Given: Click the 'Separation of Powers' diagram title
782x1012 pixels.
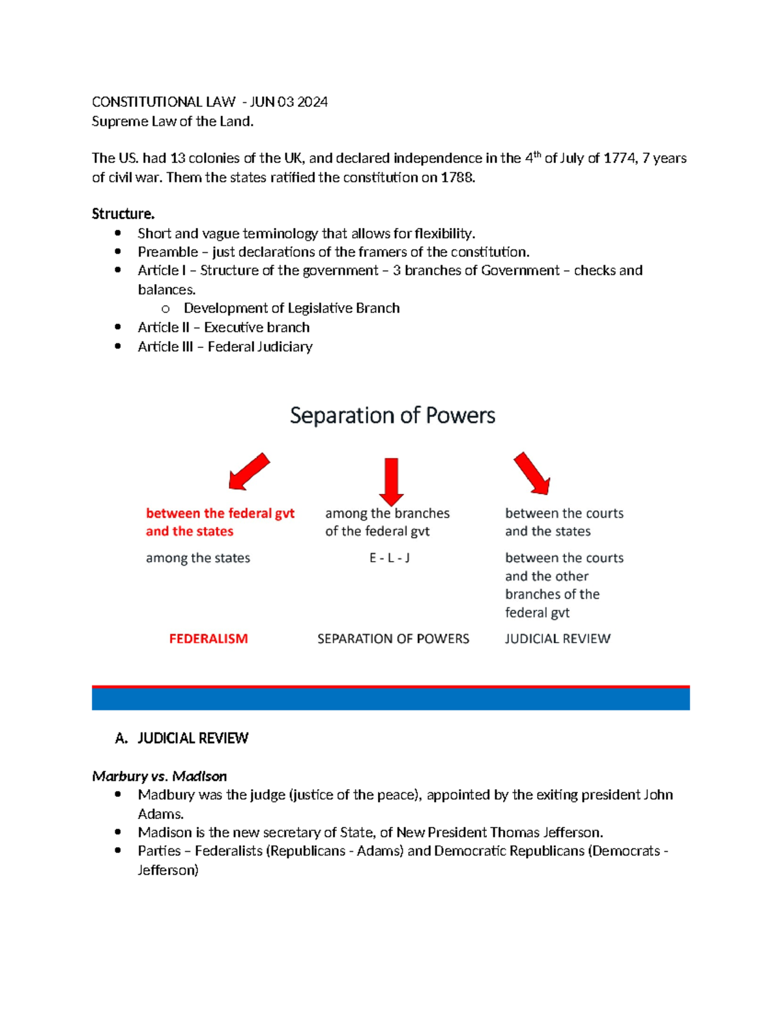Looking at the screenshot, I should point(392,416).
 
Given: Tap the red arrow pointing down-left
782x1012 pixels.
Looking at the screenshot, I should point(249,471).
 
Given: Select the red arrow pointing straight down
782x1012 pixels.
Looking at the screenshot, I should point(391,481).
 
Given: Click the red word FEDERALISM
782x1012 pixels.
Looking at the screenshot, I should point(209,639).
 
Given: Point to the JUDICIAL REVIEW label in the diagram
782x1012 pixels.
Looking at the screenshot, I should point(557,639).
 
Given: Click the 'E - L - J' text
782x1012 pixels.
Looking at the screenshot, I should point(389,558).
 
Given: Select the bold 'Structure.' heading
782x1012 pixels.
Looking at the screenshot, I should point(123,214).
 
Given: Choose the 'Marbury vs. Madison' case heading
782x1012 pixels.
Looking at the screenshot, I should point(159,776).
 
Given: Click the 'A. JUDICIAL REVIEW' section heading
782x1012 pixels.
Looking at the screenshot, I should point(181,738).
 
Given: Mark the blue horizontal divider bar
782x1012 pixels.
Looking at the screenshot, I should point(390,699).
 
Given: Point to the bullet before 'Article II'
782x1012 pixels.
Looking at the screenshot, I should point(118,327).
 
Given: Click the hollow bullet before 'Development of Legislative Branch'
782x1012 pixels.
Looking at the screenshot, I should point(166,309).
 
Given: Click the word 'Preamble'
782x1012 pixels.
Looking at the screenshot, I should point(167,252).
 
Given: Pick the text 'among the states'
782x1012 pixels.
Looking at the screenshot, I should point(197,558).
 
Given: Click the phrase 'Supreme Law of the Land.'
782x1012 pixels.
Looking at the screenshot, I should point(173,121).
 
